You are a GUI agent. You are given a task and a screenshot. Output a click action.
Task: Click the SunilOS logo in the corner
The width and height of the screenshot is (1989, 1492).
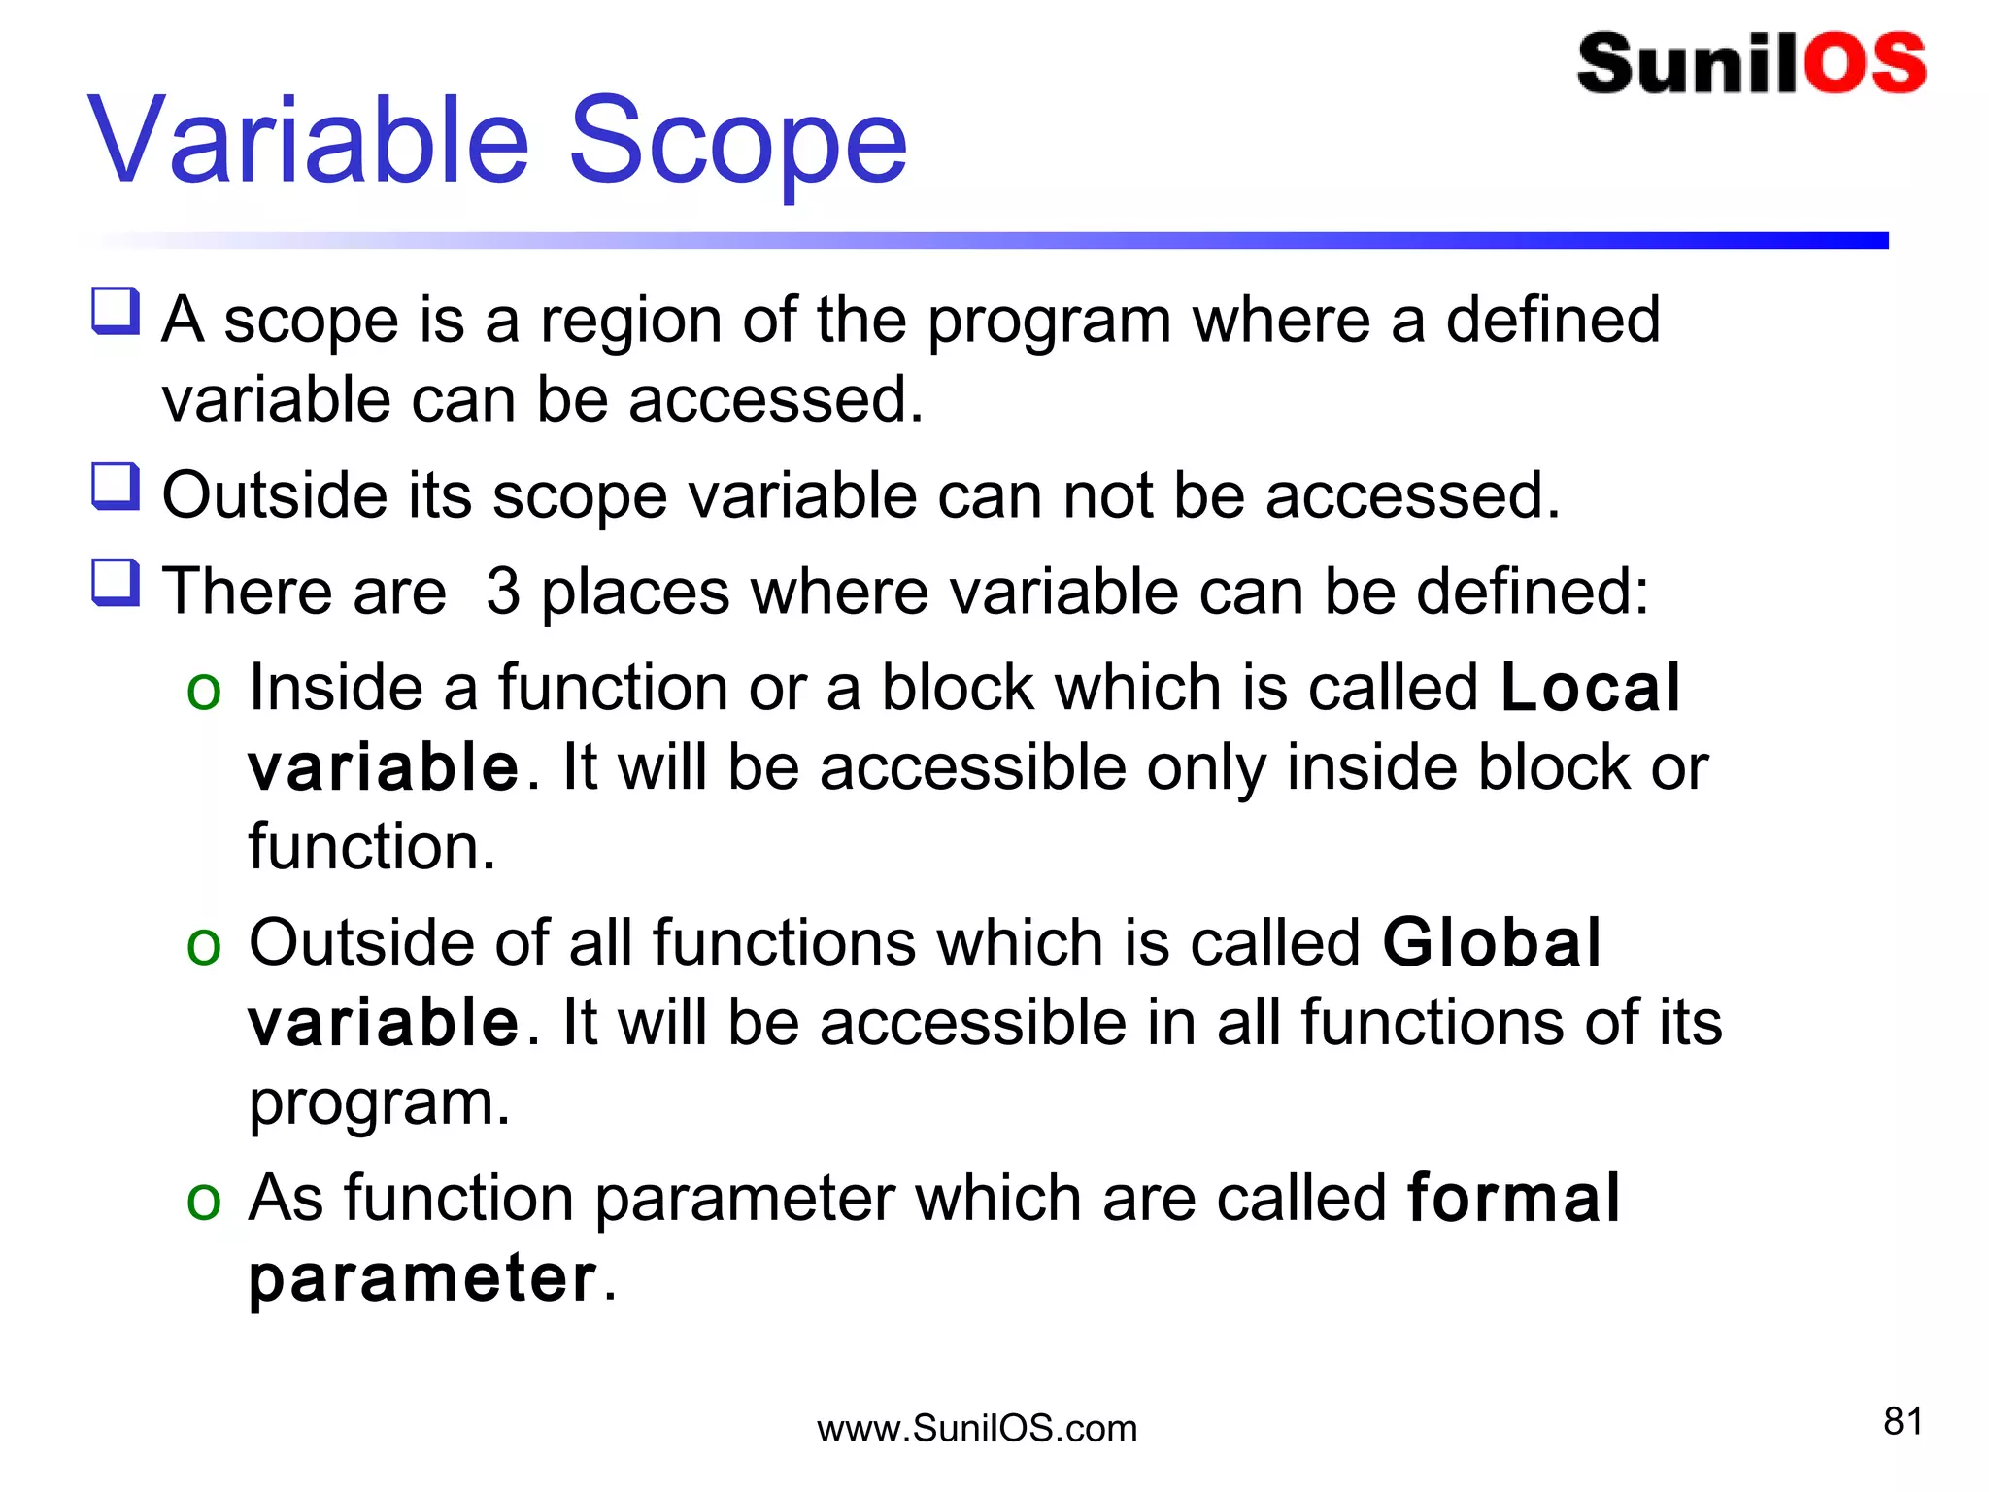(1751, 64)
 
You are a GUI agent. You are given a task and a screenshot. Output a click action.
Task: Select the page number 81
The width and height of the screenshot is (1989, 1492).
(1903, 1421)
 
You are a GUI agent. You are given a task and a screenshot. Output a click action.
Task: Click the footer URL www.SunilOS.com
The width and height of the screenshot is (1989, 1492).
(977, 1429)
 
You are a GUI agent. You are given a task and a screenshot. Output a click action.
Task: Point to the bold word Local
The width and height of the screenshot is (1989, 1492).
(1590, 688)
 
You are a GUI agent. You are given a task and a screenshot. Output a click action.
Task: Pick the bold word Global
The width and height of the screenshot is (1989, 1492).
(1491, 943)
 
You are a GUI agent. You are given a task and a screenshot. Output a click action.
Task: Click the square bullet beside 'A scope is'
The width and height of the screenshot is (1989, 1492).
(116, 311)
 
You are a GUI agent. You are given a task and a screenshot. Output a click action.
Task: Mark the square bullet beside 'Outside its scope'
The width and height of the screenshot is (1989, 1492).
(116, 486)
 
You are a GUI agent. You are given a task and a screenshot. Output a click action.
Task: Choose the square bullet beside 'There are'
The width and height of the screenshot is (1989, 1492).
(116, 582)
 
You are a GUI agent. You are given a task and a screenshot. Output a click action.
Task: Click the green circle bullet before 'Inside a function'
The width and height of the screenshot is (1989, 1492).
(204, 692)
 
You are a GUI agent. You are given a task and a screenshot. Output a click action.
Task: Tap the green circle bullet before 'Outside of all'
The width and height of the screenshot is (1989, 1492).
(204, 946)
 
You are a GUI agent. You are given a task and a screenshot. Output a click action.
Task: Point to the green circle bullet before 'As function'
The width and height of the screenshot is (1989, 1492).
(204, 1201)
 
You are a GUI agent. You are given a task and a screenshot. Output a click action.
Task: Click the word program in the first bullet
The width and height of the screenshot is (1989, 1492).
(1049, 322)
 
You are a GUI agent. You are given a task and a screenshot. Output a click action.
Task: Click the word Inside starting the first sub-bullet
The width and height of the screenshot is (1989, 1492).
(336, 688)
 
